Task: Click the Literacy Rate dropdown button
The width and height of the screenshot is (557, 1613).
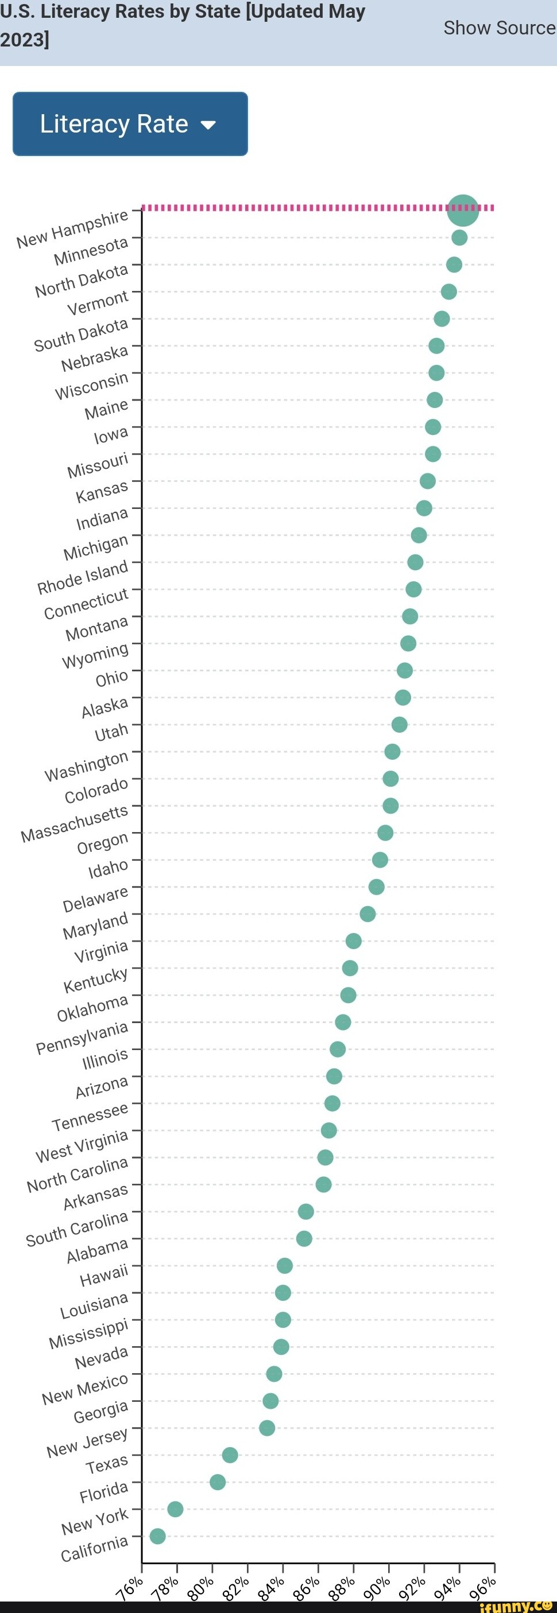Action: click(x=130, y=124)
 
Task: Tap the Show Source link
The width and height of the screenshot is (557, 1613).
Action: click(x=499, y=28)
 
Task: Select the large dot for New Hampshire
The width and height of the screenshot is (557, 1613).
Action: click(x=463, y=210)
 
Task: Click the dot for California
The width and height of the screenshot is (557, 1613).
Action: click(x=158, y=1536)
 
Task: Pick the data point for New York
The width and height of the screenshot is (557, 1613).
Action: click(x=176, y=1509)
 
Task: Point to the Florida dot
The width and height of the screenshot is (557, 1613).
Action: click(x=218, y=1482)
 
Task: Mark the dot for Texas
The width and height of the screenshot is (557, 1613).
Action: click(x=230, y=1455)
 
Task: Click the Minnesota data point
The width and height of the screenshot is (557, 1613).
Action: click(x=459, y=238)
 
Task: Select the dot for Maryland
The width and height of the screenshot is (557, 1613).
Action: click(x=368, y=914)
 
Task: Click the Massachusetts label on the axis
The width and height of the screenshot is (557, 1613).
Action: click(x=75, y=825)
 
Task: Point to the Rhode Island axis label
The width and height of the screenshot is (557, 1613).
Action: click(x=83, y=578)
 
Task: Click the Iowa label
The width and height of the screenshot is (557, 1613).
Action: click(x=111, y=434)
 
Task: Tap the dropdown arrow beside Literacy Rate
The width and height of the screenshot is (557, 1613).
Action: click(x=208, y=125)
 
